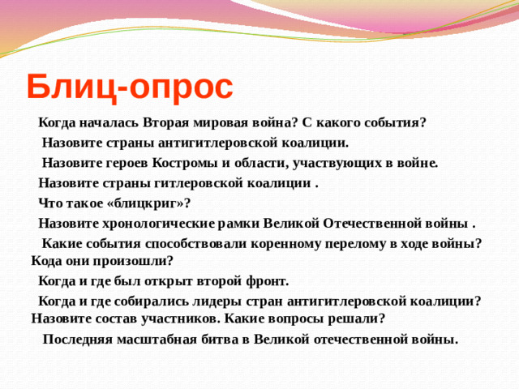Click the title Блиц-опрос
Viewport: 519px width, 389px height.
[x=129, y=85]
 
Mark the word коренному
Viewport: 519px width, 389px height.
[x=281, y=243]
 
